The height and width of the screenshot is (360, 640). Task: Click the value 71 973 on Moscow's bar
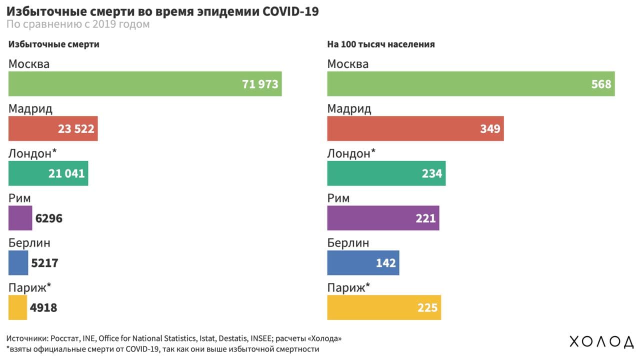(x=260, y=84)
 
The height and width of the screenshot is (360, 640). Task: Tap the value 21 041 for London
(x=66, y=173)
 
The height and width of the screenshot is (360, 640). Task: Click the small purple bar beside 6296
(x=20, y=218)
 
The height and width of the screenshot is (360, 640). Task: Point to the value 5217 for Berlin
(x=44, y=263)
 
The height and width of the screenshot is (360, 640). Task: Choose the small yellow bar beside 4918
(x=17, y=307)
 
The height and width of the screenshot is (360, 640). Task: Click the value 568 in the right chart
(x=601, y=84)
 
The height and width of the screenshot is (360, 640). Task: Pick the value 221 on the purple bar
(x=425, y=218)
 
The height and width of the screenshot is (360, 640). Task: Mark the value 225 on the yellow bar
(x=427, y=307)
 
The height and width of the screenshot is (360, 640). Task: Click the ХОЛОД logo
(x=601, y=342)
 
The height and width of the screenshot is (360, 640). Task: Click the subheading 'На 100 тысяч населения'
(x=380, y=44)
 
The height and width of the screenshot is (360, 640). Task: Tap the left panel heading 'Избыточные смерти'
(x=53, y=44)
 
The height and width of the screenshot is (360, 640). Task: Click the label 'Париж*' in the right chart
(x=348, y=288)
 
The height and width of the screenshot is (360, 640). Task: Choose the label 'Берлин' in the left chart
(x=29, y=243)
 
